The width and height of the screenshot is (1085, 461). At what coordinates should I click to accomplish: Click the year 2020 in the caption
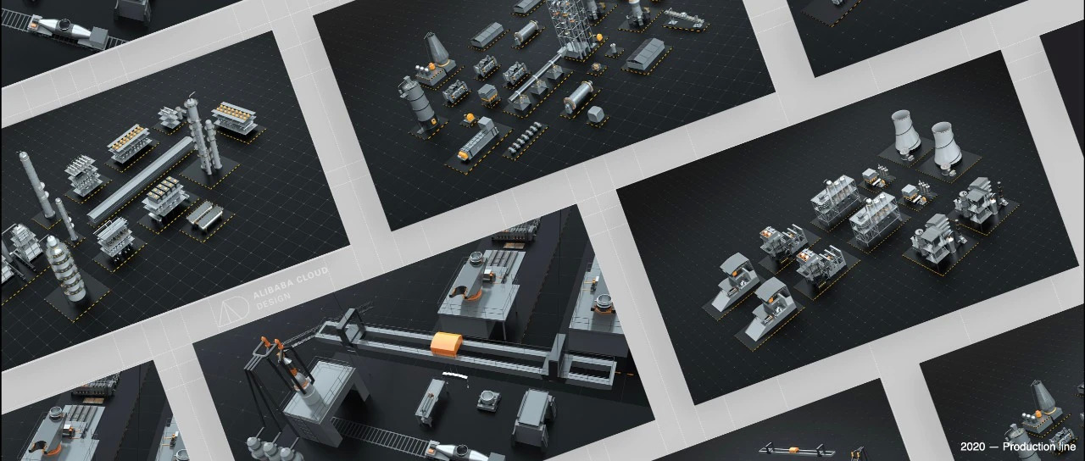(x=972, y=447)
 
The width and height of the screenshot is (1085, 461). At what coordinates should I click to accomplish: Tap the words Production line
(x=1039, y=447)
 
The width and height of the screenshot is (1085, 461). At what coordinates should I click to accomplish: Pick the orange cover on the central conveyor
(x=446, y=344)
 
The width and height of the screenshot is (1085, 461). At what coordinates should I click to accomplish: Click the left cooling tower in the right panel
(x=904, y=132)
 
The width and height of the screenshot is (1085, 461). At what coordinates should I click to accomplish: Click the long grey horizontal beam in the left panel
(x=141, y=180)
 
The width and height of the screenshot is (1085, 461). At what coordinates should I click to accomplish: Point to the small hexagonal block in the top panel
(x=596, y=114)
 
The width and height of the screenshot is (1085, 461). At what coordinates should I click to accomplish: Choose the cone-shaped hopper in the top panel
(x=437, y=49)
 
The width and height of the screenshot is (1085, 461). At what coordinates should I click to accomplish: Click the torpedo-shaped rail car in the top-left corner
(x=67, y=30)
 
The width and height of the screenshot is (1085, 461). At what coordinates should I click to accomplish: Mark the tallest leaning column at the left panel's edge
(x=36, y=185)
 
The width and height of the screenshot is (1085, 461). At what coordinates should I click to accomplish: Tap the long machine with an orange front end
(x=477, y=140)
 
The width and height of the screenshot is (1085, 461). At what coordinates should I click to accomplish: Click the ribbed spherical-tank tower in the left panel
(x=66, y=269)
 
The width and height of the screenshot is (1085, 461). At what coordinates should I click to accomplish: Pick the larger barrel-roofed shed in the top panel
(x=645, y=55)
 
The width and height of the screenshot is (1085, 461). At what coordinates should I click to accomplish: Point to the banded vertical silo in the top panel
(x=418, y=104)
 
